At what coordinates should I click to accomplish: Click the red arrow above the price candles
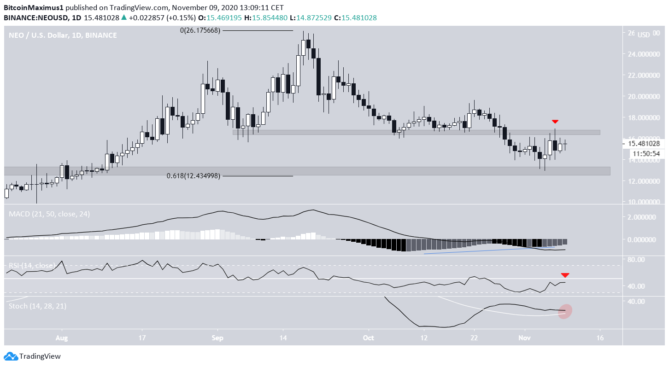[x=555, y=122]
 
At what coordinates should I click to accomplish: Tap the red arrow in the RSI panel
[x=565, y=275]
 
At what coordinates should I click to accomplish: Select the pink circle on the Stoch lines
[x=565, y=311]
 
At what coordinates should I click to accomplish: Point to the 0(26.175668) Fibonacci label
[x=200, y=30]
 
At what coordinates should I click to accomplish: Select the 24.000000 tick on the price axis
[x=643, y=54]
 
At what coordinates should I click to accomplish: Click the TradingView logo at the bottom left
[x=32, y=356]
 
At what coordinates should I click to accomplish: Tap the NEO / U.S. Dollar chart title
[x=63, y=35]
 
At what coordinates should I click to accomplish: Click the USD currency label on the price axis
[x=645, y=35]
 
